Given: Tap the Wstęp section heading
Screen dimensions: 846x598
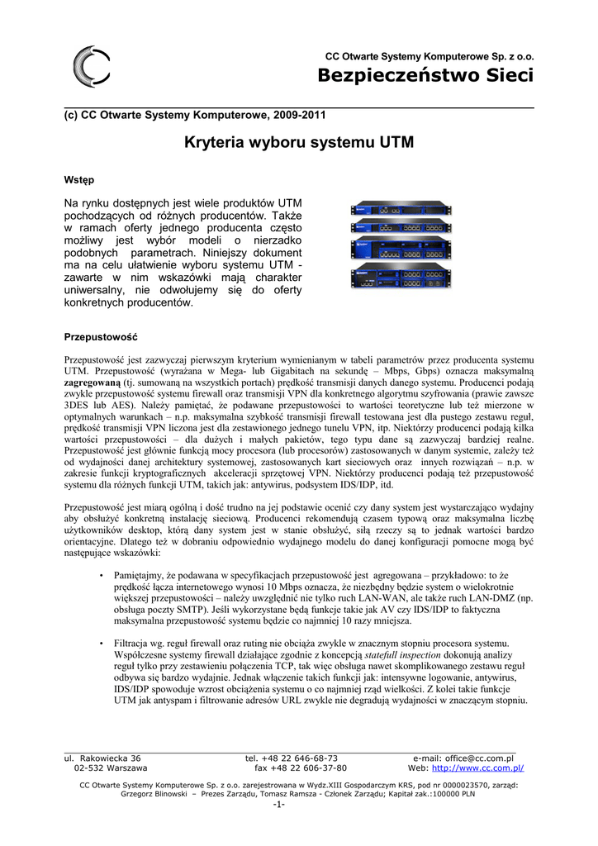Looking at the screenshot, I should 79,179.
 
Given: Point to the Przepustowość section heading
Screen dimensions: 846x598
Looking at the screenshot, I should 101,337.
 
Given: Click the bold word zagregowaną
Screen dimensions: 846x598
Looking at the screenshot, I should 93,383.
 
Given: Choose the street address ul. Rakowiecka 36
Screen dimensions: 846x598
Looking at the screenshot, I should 102,758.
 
